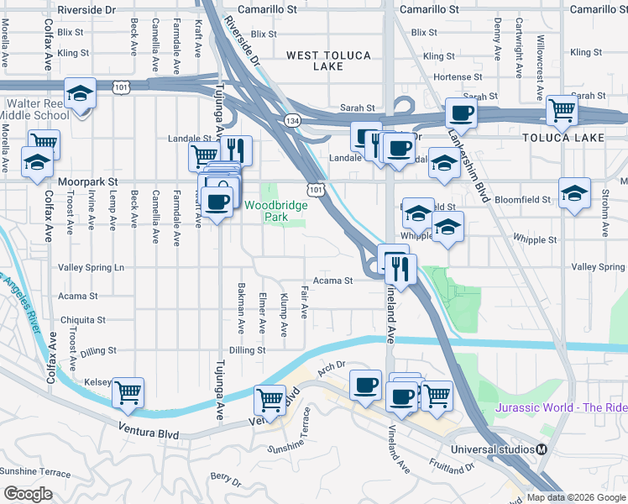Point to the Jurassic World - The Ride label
point(561,407)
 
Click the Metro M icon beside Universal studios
point(543,449)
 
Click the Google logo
point(28,494)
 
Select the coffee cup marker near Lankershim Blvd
point(461,113)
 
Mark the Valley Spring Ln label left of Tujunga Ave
point(91,268)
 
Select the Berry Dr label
point(225,480)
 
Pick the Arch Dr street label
point(332,366)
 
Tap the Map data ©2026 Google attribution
point(576,497)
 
